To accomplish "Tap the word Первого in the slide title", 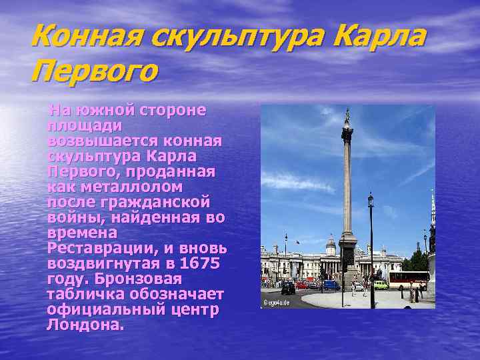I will point(94,70).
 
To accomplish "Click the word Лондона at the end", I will point(85,325).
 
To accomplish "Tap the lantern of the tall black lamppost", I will point(371,199).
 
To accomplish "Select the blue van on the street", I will point(331,285).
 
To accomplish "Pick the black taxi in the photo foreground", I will point(288,288).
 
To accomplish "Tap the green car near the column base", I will point(380,285).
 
